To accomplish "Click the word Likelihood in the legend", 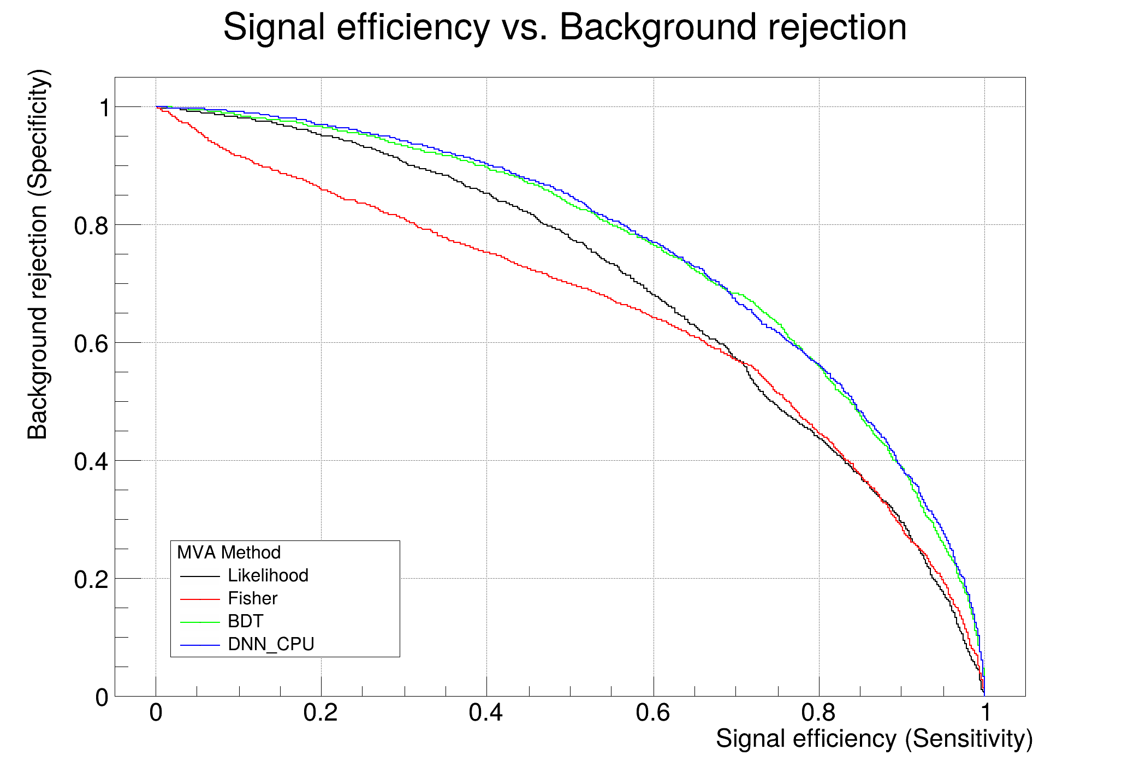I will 268,575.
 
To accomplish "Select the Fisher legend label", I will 252,598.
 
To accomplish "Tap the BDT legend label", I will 245,621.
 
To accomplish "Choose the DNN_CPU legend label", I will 271,644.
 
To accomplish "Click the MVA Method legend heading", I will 229,552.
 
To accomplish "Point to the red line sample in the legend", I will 200,599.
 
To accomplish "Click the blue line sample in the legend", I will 200,645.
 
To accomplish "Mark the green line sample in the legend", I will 200,622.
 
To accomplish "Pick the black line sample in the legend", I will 200,576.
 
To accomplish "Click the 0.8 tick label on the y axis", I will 91,225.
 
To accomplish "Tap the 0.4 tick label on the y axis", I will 91,462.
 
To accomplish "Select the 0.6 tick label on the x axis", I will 653,712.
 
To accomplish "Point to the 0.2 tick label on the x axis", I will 321,712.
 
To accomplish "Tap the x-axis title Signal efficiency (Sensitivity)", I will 874,739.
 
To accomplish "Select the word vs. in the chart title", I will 524,27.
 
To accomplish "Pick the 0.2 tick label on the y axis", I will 91,580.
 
